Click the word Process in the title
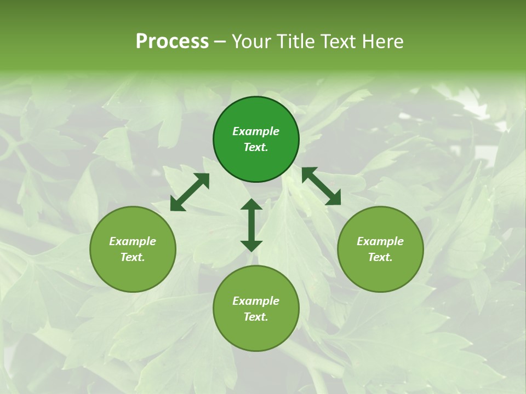tap(172, 42)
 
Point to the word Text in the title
tap(337, 42)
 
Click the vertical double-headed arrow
tap(251, 225)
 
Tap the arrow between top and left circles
tap(190, 192)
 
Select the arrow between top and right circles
tap(321, 186)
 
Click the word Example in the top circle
tap(256, 131)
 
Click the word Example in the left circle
tap(133, 241)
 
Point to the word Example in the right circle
tap(380, 241)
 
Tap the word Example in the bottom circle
tap(256, 301)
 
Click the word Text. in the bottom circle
tap(256, 317)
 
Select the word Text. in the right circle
tap(380, 257)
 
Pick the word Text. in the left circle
tap(133, 257)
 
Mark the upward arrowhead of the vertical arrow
tap(251, 205)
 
